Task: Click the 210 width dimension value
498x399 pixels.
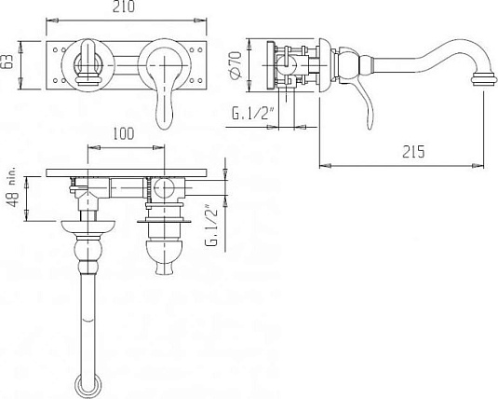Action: (x=124, y=7)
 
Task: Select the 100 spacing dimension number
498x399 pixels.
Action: (x=124, y=133)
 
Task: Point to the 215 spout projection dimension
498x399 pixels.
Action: (x=413, y=151)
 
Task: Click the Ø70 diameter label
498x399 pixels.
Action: (x=236, y=64)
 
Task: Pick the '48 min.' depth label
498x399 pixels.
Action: (x=13, y=186)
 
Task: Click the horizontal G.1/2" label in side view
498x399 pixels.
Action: (x=253, y=114)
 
